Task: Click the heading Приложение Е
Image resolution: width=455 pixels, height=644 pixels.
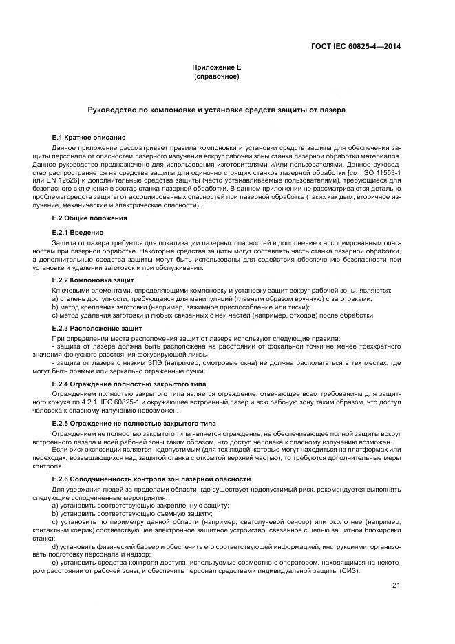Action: (x=216, y=67)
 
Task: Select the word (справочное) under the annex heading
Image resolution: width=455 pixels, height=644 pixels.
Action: (x=216, y=76)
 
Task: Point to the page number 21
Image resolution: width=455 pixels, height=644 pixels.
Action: (x=396, y=585)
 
